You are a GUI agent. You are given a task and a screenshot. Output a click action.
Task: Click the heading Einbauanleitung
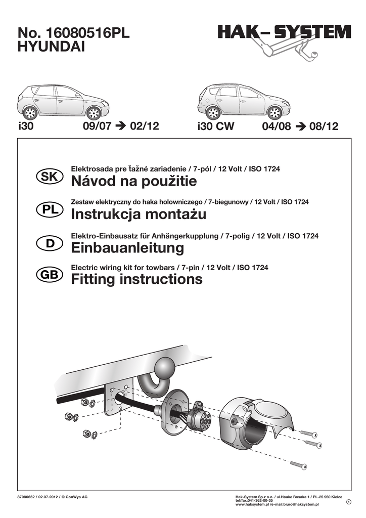click(128, 248)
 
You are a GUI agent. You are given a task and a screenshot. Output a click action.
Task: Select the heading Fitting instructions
click(137, 279)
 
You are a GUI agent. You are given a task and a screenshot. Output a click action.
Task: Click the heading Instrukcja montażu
click(139, 214)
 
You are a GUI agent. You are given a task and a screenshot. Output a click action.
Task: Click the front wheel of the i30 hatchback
click(94, 112)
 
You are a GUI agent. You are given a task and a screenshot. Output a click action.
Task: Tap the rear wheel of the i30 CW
click(213, 112)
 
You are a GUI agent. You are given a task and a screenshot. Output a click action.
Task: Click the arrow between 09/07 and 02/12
click(119, 126)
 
